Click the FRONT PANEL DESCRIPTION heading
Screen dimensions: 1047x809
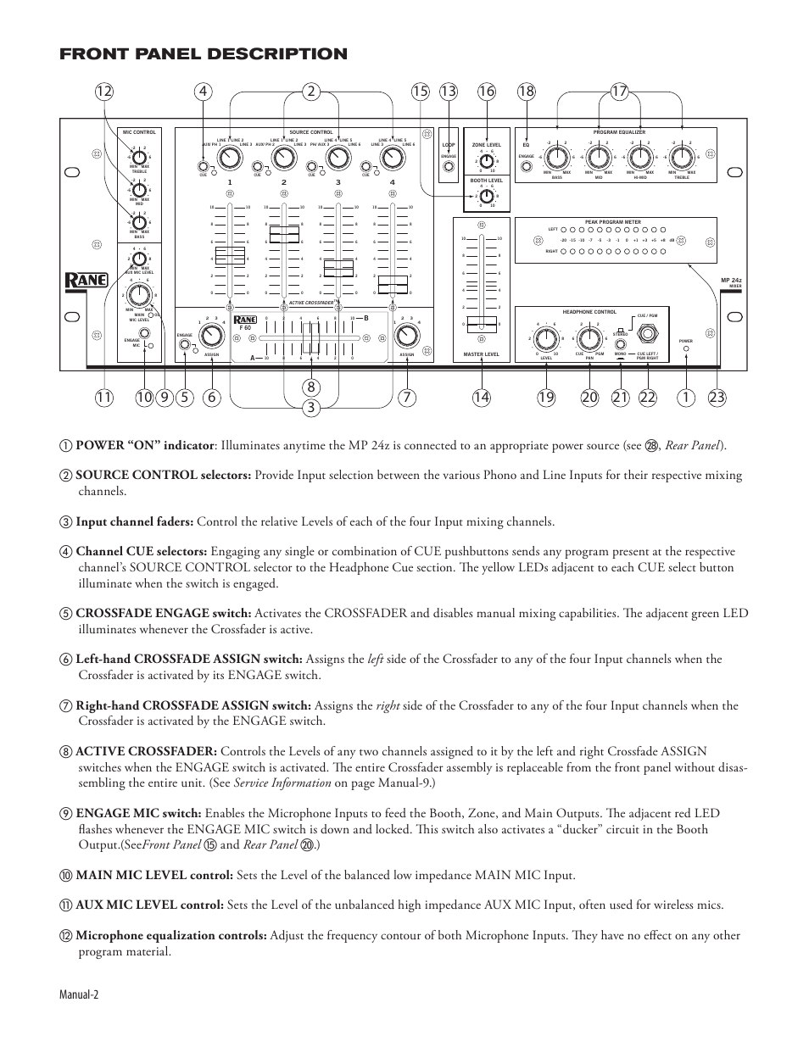[204, 54]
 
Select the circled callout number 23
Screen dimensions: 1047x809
[717, 397]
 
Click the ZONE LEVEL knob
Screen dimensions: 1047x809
[487, 160]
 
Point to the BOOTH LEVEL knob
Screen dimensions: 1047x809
[487, 196]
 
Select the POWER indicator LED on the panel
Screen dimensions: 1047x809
[686, 349]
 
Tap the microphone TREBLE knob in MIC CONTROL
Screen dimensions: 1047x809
[139, 156]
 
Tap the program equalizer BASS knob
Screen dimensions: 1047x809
[556, 157]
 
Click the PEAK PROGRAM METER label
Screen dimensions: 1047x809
[613, 222]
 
